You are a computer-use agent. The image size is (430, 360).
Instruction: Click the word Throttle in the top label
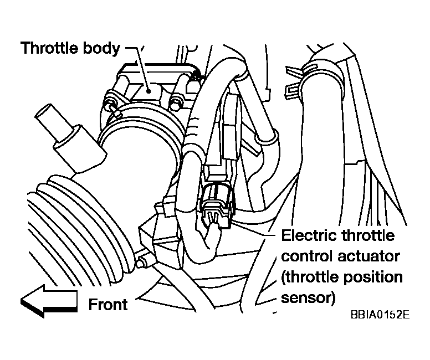pyautogui.click(x=49, y=48)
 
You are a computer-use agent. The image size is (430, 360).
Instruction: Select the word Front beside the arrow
pyautogui.click(x=108, y=305)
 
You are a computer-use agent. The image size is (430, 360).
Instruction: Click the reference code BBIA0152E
pyautogui.click(x=380, y=315)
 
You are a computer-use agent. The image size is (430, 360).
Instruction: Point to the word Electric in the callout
pyautogui.click(x=308, y=235)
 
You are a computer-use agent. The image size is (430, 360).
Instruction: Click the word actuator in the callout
pyautogui.click(x=368, y=256)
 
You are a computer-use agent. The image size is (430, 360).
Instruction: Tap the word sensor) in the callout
pyautogui.click(x=308, y=298)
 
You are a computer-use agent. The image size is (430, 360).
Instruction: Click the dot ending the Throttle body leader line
pyautogui.click(x=149, y=91)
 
